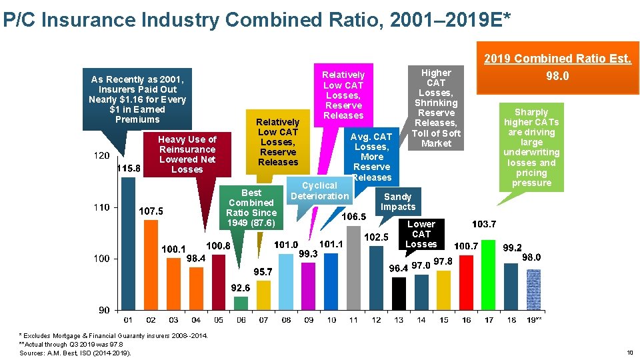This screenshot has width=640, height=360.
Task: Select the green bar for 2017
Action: (489, 275)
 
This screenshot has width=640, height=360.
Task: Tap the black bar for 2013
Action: (399, 293)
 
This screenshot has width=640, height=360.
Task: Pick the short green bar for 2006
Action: (241, 303)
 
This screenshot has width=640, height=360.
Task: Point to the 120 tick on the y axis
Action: (101, 156)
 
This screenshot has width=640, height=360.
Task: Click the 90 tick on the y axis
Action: (104, 310)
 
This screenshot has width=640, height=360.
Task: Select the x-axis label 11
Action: (353, 320)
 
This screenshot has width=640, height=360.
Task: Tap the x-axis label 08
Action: (286, 320)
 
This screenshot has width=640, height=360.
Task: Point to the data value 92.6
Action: (241, 288)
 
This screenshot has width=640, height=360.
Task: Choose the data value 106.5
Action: (353, 217)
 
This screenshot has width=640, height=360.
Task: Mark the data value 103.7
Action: (484, 223)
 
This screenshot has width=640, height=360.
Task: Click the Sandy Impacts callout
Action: (398, 201)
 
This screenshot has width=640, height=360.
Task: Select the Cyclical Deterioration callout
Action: (320, 191)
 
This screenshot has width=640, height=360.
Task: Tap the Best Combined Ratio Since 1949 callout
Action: (251, 207)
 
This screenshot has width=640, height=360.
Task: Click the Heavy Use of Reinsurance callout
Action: (187, 154)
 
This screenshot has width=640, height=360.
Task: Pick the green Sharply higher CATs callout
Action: (531, 147)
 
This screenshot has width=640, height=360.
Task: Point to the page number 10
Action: (630, 352)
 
